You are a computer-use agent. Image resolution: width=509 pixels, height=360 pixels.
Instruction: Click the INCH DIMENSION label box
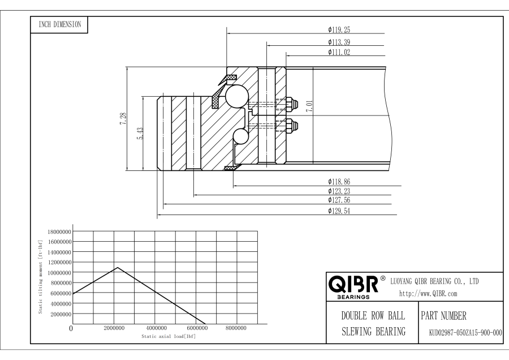59,24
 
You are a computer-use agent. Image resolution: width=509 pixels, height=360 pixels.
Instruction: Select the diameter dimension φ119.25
340,29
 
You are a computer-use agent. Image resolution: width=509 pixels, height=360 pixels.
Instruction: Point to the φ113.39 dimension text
340,41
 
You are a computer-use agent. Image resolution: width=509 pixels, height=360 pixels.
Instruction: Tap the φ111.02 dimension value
340,52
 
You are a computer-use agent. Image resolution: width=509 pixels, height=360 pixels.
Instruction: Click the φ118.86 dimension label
340,182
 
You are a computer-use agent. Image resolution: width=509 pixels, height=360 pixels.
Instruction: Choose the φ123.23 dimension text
340,191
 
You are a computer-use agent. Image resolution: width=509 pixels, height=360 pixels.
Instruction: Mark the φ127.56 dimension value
340,200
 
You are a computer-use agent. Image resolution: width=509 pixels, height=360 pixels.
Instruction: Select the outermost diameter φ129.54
340,211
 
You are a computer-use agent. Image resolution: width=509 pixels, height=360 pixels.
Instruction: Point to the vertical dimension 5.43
141,134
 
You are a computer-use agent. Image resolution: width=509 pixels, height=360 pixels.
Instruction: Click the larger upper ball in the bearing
234,95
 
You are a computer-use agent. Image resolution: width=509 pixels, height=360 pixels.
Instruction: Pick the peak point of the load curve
117,267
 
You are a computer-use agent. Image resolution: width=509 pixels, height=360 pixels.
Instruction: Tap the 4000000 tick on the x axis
156,328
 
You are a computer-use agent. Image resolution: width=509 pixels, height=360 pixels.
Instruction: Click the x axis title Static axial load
169,336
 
